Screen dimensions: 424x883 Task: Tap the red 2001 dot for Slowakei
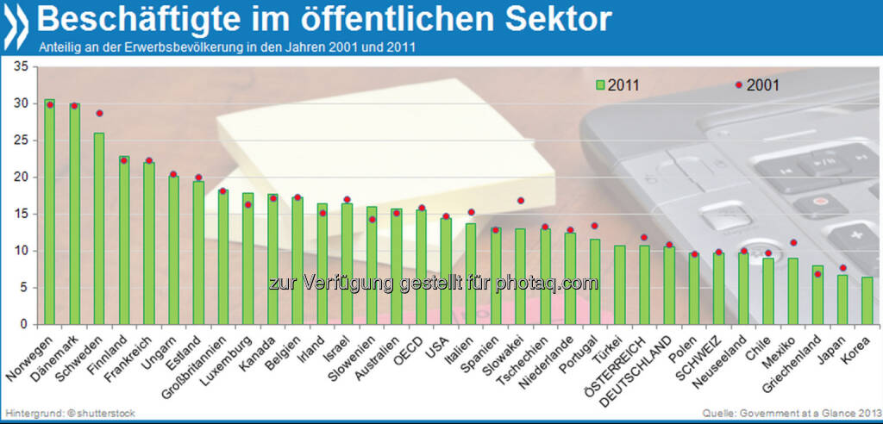click(x=521, y=201)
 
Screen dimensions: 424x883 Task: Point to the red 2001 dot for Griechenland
click(x=818, y=274)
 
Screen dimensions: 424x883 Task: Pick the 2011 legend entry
click(x=617, y=84)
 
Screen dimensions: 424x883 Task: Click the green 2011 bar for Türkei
click(x=620, y=284)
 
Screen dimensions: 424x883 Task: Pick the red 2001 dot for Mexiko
click(x=793, y=242)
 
